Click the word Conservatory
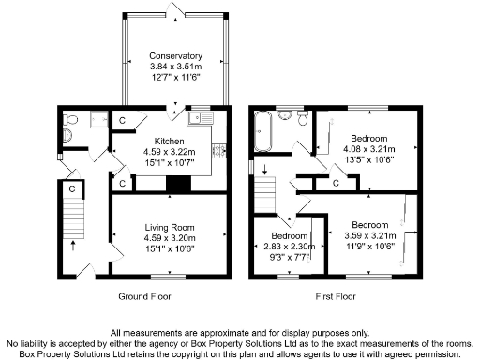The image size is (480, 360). [x=170, y=55]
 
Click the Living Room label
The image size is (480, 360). [x=170, y=226]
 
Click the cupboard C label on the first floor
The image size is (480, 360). [x=336, y=183]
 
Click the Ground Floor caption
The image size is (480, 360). [x=145, y=296]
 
